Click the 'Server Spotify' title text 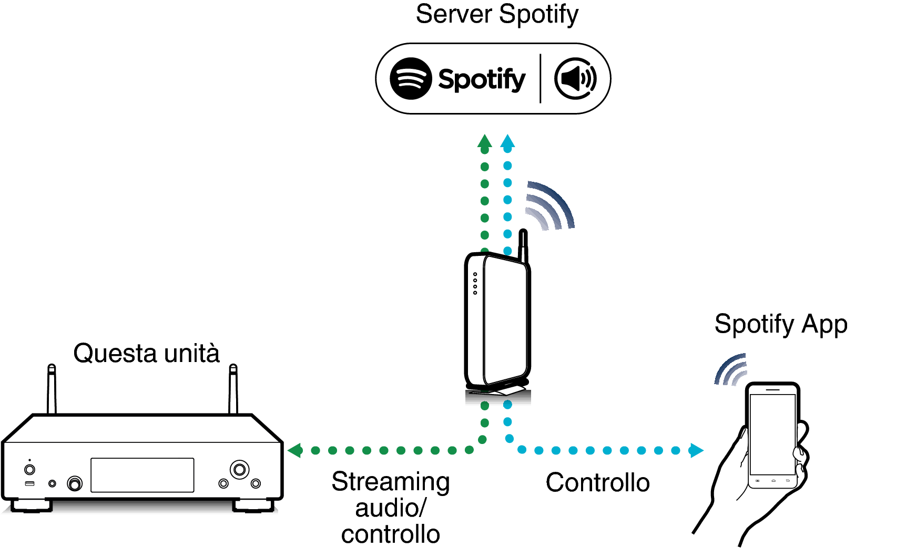pyautogui.click(x=497, y=14)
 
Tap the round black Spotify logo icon pyautogui.click(x=411, y=78)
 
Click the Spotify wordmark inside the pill pyautogui.click(x=482, y=79)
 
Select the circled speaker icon pyautogui.click(x=575, y=78)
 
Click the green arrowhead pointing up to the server pyautogui.click(x=485, y=141)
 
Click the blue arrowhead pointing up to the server pyautogui.click(x=507, y=141)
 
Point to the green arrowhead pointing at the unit pyautogui.click(x=295, y=450)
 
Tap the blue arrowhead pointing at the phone pyautogui.click(x=696, y=450)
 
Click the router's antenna pyautogui.click(x=523, y=246)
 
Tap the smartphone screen pyautogui.click(x=772, y=434)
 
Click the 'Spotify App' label pyautogui.click(x=781, y=324)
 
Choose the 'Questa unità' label pyautogui.click(x=146, y=353)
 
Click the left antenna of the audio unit pyautogui.click(x=52, y=389)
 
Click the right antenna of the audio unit pyautogui.click(x=233, y=389)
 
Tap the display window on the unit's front pyautogui.click(x=142, y=475)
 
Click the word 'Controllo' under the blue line pyautogui.click(x=598, y=482)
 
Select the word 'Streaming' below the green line pyautogui.click(x=391, y=482)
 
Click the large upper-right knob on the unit pyautogui.click(x=239, y=469)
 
